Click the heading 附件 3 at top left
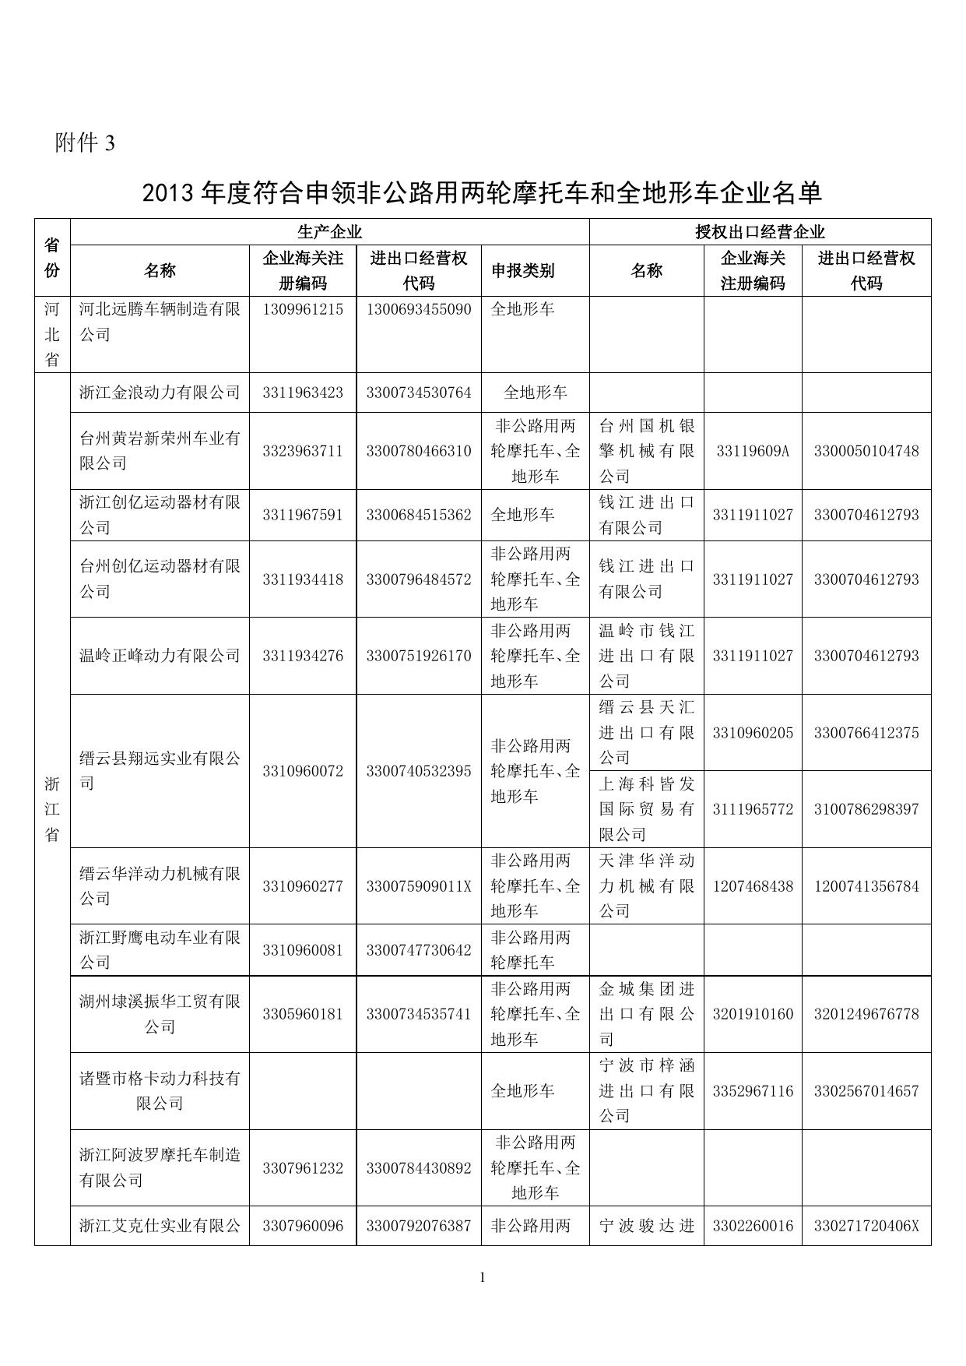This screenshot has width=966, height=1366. pyautogui.click(x=85, y=143)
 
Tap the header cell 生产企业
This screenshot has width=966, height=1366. pyautogui.click(x=329, y=232)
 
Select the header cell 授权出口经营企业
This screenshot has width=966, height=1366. pyautogui.click(x=760, y=232)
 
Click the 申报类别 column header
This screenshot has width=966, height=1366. pyautogui.click(x=522, y=271)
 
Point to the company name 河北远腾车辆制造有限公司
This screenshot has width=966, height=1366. pyautogui.click(x=160, y=322)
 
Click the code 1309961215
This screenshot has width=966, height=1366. pyautogui.click(x=303, y=309)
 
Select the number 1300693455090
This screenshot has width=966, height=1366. pyautogui.click(x=419, y=309)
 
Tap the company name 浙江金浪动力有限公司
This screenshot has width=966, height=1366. pyautogui.click(x=160, y=393)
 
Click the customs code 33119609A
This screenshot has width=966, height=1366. pyautogui.click(x=753, y=451)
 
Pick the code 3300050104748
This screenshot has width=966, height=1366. pyautogui.click(x=866, y=451)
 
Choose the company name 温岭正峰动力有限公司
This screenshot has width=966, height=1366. pyautogui.click(x=160, y=656)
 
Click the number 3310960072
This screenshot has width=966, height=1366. pyautogui.click(x=303, y=771)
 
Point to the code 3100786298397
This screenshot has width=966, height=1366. pyautogui.click(x=866, y=809)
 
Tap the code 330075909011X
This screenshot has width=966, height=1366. pyautogui.click(x=419, y=886)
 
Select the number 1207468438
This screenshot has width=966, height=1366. pyautogui.click(x=753, y=886)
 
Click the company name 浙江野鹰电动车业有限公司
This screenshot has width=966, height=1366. pyautogui.click(x=160, y=950)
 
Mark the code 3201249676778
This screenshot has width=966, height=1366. pyautogui.click(x=866, y=1014)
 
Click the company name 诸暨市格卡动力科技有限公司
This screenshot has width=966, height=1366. pyautogui.click(x=160, y=1091)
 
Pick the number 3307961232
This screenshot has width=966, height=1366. pyautogui.click(x=303, y=1168)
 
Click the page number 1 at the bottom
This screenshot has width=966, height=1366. pyautogui.click(x=483, y=1276)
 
